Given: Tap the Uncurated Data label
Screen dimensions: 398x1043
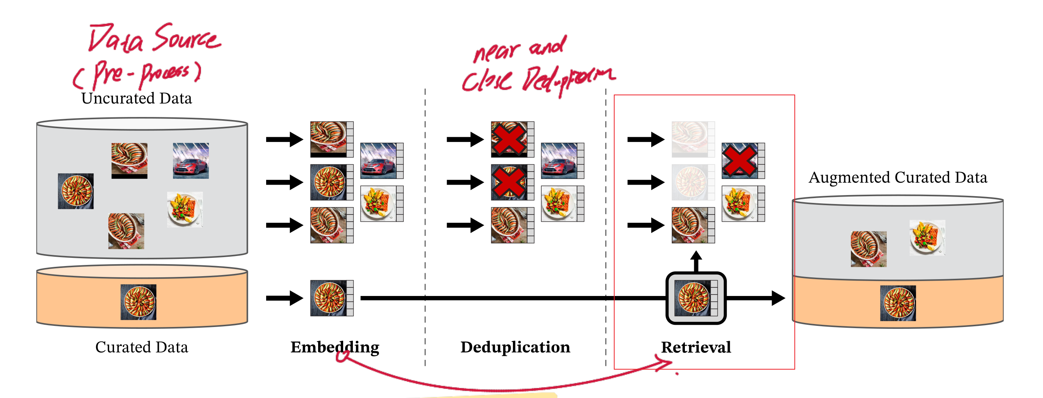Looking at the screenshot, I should click(136, 98).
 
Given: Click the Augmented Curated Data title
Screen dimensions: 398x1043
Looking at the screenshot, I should click(898, 178).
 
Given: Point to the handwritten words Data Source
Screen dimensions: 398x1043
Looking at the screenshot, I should click(154, 38).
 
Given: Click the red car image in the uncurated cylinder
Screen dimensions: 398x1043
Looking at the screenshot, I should click(191, 161).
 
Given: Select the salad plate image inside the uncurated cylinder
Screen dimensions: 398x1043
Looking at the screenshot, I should click(185, 209).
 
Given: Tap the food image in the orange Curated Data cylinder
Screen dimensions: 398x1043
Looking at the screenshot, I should click(138, 302).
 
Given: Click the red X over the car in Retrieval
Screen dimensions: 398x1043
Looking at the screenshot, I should click(739, 161).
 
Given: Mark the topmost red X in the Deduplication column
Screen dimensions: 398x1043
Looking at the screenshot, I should click(509, 139).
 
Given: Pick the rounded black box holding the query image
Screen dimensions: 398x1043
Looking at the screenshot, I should click(696, 298).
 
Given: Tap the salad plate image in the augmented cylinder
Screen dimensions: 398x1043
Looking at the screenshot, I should click(927, 238).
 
